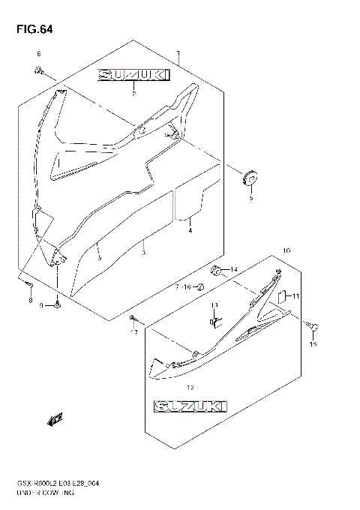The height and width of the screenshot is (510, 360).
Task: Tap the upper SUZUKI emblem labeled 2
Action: point(131,76)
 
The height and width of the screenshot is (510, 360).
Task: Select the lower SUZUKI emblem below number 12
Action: point(190,406)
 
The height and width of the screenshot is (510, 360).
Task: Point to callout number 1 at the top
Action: point(178,53)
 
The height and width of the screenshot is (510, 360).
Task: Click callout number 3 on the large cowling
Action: point(143,252)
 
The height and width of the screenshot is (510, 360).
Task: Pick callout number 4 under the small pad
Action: point(190,230)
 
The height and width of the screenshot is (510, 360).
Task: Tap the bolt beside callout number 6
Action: point(39,70)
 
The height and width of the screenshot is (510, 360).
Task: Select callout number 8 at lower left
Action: point(31,301)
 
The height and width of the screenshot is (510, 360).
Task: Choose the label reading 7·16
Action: point(184,286)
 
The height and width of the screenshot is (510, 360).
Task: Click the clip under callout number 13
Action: point(213,321)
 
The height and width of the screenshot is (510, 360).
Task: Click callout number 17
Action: point(135,332)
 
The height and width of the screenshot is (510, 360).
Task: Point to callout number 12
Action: point(190,388)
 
